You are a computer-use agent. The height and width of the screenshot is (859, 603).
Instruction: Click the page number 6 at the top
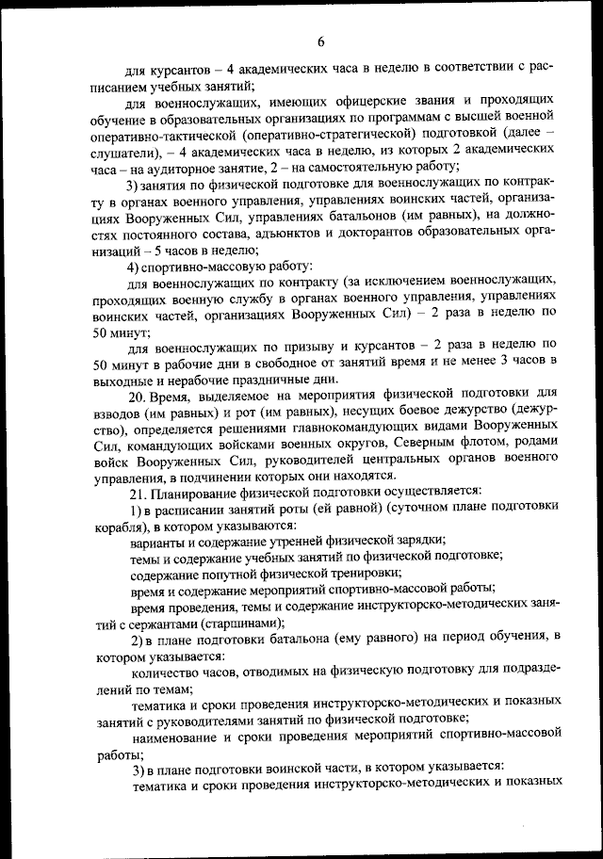coord(320,41)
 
